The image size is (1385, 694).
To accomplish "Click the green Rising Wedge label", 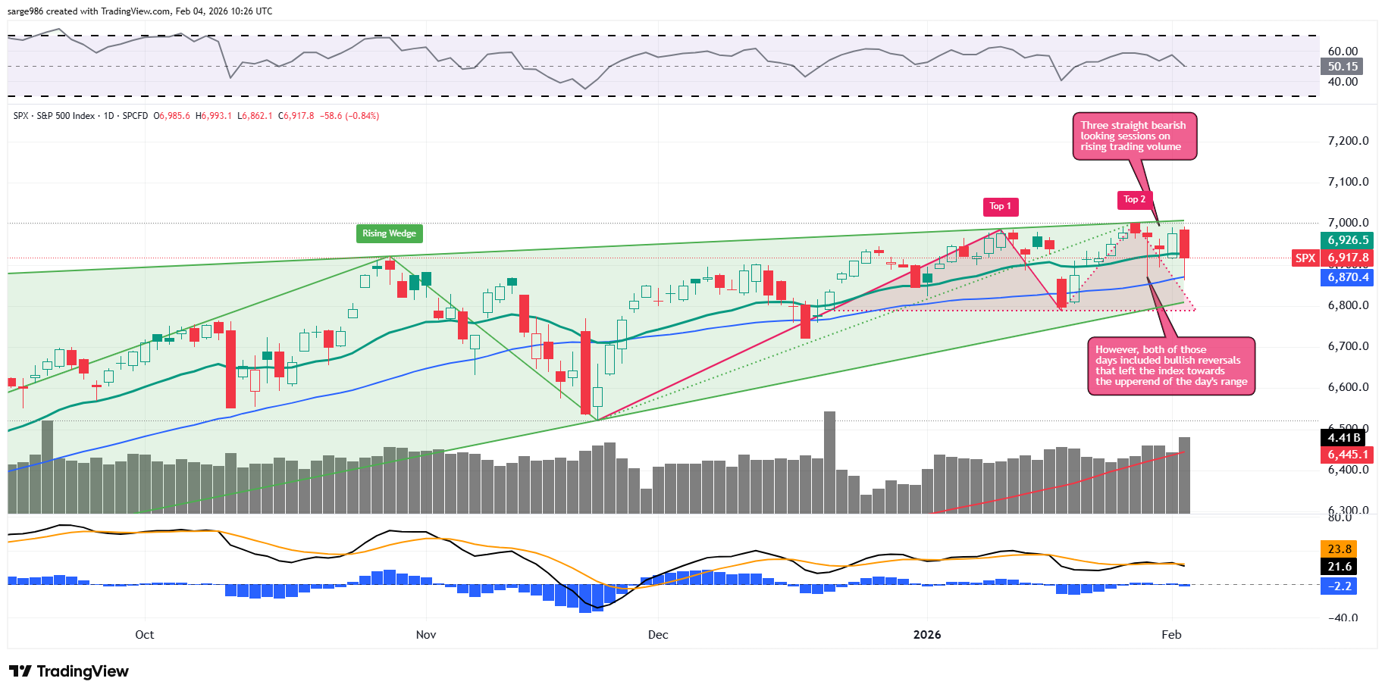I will pos(389,233).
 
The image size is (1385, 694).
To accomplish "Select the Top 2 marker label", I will pos(1135,199).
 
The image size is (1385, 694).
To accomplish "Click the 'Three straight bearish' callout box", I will pos(1134,136).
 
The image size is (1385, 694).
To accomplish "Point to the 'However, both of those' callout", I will pos(1170,366).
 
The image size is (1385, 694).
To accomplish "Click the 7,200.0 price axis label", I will pos(1348,141).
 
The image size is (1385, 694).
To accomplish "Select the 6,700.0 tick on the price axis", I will pos(1348,346).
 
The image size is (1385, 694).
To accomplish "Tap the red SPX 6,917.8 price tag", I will pos(1333,258).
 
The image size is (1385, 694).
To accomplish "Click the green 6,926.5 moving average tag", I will pos(1348,240).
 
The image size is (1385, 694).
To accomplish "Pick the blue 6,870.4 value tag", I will pos(1348,277).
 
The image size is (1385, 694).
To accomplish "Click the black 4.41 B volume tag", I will pos(1344,437).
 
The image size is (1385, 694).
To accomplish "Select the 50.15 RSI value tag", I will pos(1342,67).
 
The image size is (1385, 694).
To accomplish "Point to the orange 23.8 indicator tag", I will pos(1339,549).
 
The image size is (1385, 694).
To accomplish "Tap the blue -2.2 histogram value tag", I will pos(1339,586).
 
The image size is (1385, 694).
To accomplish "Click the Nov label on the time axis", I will pos(426,635).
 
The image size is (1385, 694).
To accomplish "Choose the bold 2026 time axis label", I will pos(927,635).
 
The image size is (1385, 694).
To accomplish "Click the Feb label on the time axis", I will pos(1171,635).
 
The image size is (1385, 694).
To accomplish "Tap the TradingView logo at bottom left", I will pos(69,671).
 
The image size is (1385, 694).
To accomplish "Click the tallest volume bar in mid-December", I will pos(829,462).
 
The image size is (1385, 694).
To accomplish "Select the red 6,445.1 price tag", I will pos(1348,455).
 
